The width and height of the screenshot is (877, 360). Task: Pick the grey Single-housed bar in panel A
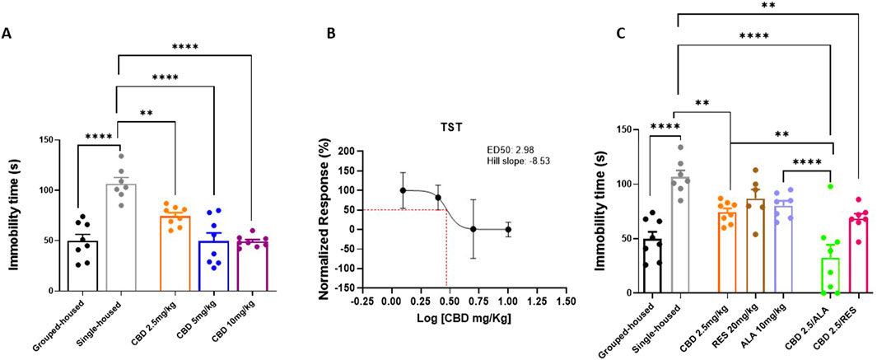tap(120, 239)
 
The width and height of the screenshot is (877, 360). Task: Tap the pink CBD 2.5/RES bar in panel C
tap(858, 255)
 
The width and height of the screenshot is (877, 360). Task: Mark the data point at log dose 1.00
tap(508, 229)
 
